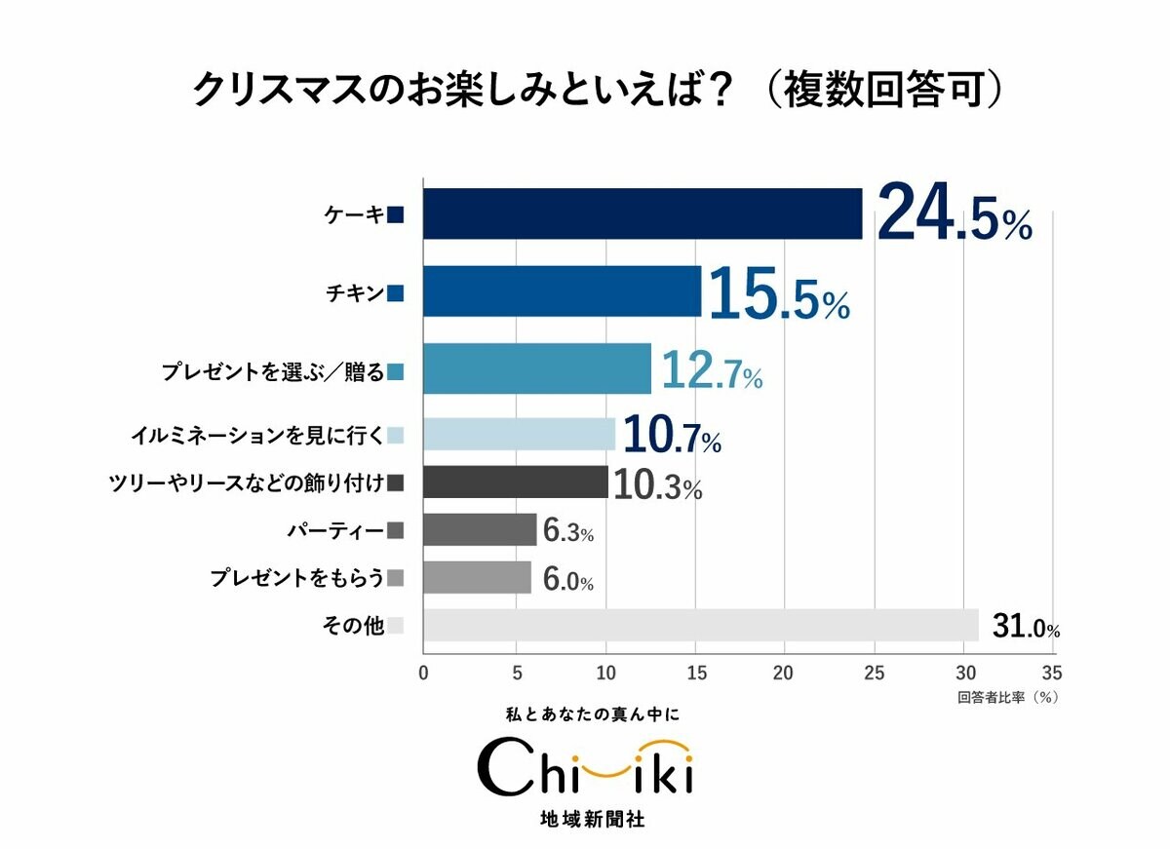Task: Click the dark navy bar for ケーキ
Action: tap(643, 213)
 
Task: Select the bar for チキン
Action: tap(562, 291)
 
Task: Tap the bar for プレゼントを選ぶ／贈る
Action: tap(536, 368)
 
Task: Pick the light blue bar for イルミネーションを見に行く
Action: tap(519, 435)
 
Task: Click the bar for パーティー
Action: tap(480, 530)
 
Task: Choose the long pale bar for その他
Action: tap(700, 626)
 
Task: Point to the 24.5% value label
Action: tap(954, 215)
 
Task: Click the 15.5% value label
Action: tap(778, 295)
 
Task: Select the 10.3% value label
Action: tap(659, 485)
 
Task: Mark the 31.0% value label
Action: tap(1026, 628)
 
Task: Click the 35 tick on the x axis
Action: tap(1051, 673)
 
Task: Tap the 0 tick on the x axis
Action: tap(423, 673)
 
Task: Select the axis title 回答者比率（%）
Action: tap(1007, 698)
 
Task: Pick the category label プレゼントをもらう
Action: tap(296, 578)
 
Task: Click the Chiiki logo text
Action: tap(585, 769)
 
